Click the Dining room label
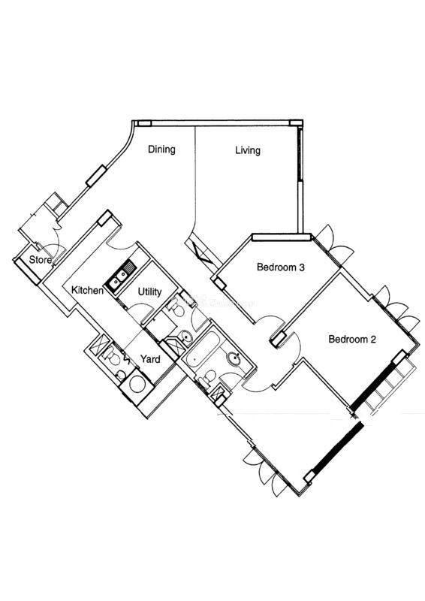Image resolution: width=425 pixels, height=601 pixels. [x=161, y=149]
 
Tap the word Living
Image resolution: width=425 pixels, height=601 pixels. [x=248, y=149]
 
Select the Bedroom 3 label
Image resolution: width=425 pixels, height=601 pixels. [x=281, y=267]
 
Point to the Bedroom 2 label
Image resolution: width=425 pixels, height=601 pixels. [x=352, y=339]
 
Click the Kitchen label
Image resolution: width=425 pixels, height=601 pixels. [x=87, y=290]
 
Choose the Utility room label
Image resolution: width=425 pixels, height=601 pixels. [x=149, y=292]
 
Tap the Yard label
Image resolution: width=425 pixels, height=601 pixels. [x=150, y=359]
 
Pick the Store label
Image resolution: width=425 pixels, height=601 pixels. [x=41, y=259]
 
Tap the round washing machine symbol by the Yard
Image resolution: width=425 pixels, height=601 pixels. [x=137, y=384]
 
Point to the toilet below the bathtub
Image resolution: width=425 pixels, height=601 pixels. [x=207, y=378]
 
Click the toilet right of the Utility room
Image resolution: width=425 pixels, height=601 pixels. [x=176, y=307]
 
